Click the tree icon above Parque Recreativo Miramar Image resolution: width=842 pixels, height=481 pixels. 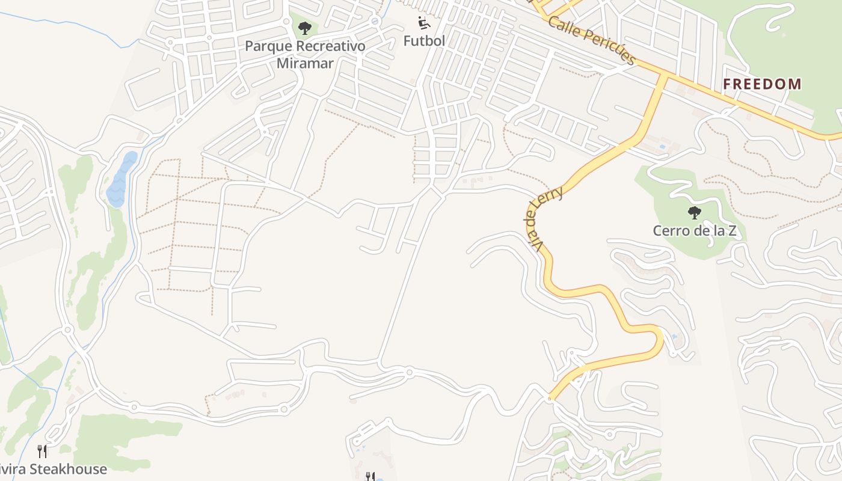(305, 28)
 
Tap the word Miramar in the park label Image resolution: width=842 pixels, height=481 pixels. (305, 63)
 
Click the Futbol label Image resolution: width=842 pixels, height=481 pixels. (424, 41)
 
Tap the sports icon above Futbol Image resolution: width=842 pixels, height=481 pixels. (424, 23)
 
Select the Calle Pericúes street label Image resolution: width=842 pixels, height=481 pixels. (592, 41)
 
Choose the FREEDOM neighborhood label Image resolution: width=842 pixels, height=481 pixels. (762, 84)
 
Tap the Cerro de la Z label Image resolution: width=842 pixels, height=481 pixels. (695, 230)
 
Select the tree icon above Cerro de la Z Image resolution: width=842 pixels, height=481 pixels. (695, 212)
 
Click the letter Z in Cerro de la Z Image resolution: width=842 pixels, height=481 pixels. (732, 230)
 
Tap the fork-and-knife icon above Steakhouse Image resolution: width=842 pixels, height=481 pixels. (42, 451)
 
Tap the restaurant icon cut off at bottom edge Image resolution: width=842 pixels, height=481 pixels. (370, 477)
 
